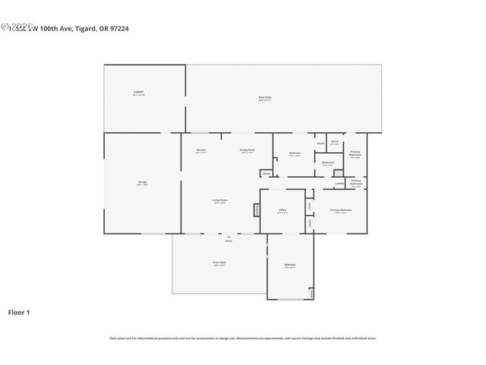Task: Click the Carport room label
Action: (x=138, y=92)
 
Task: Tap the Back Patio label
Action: (x=265, y=97)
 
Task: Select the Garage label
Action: (x=142, y=182)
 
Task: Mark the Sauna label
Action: (x=335, y=142)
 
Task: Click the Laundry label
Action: (x=339, y=182)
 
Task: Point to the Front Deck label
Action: (x=220, y=263)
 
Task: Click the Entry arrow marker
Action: (x=228, y=236)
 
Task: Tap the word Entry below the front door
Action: (x=228, y=241)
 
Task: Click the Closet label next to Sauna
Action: (x=320, y=143)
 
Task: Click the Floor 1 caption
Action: (x=19, y=312)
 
